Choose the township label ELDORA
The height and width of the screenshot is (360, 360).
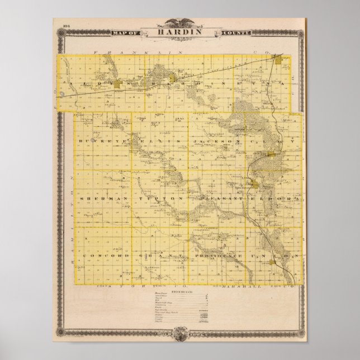(x=273, y=198)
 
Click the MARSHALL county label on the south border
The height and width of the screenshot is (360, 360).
(x=238, y=286)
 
